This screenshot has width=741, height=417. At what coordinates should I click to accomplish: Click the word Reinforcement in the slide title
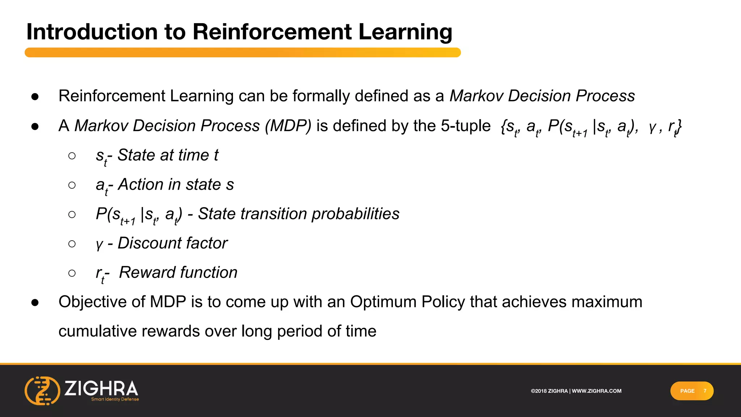point(272,32)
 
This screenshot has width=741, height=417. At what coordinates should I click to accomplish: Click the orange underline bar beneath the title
point(242,52)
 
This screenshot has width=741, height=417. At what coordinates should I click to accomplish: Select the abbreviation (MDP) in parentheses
point(288,126)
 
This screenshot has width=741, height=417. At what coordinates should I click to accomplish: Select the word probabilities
point(355,214)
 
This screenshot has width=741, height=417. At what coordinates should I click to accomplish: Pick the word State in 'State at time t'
point(136,155)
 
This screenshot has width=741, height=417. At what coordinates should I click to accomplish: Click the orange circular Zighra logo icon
point(42,391)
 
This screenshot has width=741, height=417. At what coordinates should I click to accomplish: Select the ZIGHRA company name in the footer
point(101,388)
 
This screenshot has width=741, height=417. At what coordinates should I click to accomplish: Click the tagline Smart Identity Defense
point(115,399)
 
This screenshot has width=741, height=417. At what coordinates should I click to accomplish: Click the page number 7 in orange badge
point(704,391)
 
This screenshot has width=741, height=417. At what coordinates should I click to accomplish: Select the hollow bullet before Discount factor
point(72,244)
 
